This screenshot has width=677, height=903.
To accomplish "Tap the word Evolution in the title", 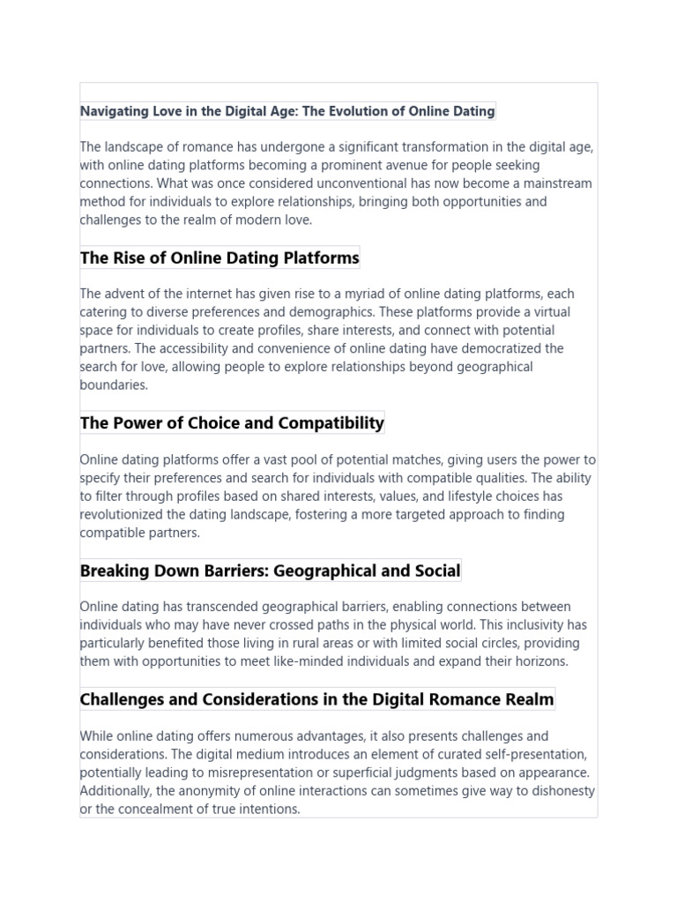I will (364, 111).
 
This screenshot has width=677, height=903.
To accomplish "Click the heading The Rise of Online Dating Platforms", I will (219, 258).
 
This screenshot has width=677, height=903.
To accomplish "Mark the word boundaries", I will (112, 385).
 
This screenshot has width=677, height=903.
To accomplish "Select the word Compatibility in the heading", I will (331, 423).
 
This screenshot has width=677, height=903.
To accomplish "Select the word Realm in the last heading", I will (531, 699).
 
